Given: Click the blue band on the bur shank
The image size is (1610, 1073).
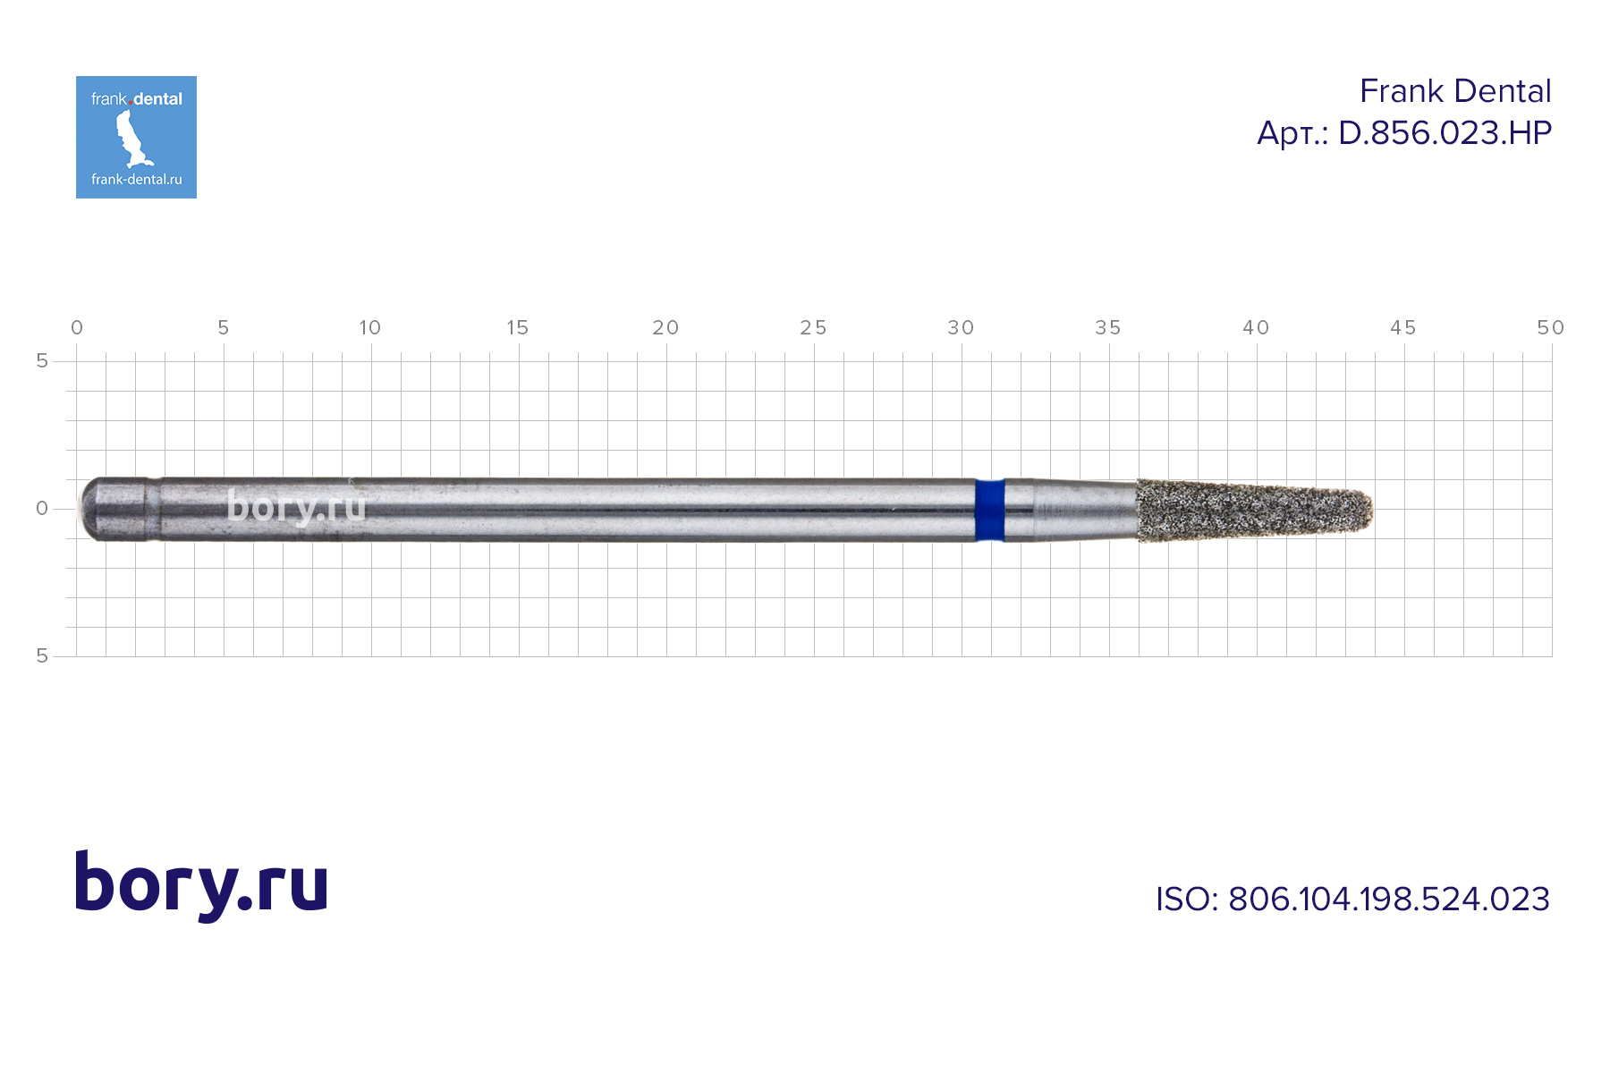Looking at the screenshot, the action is [x=989, y=510].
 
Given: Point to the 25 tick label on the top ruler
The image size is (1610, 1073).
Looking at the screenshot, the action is [x=813, y=328].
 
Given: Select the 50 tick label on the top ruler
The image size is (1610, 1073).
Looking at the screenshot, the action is [x=1550, y=328].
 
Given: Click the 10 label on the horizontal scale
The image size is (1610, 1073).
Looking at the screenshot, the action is [x=369, y=328].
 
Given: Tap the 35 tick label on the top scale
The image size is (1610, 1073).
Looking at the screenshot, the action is [x=1108, y=328].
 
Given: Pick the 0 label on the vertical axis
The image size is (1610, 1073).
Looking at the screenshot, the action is [x=42, y=509].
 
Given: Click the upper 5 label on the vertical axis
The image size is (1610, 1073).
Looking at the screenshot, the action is [x=42, y=361].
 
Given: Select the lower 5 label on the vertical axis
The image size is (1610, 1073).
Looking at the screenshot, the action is [x=42, y=656].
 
